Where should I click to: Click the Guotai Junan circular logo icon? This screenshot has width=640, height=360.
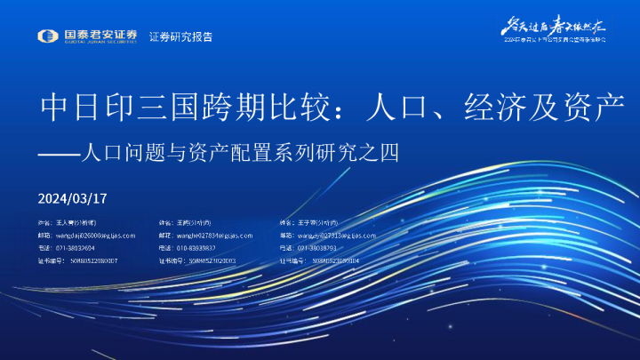coord(49,36)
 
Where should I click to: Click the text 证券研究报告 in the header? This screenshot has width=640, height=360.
coord(181,36)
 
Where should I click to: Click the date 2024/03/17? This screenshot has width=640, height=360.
coord(73,197)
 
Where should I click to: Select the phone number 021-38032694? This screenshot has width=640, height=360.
coord(77,248)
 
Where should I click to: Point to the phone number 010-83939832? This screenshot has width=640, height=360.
coord(196,248)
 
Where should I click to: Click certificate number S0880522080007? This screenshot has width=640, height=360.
coord(90,261)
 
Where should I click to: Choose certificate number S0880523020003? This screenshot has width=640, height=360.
coord(210,261)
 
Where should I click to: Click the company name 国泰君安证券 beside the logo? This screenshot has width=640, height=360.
coord(100,36)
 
